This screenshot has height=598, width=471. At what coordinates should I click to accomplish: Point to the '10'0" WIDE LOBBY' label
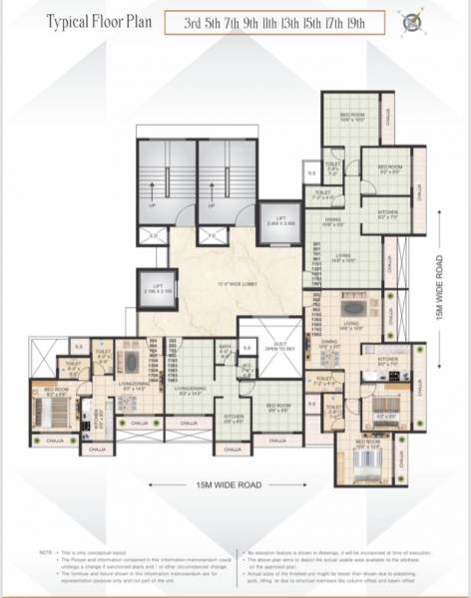point(232,285)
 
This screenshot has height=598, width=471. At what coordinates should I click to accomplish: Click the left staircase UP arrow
point(153,206)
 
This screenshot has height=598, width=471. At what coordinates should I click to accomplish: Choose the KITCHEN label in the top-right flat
point(388,211)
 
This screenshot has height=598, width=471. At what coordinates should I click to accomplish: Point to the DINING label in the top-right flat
point(332,221)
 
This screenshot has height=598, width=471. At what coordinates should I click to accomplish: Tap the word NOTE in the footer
point(45,551)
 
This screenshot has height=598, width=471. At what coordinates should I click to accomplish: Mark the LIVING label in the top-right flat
point(343,258)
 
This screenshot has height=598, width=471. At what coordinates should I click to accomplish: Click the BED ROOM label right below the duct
point(279,406)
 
